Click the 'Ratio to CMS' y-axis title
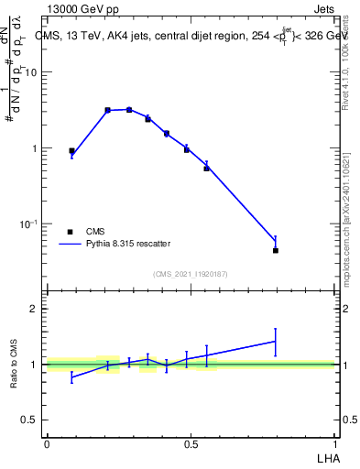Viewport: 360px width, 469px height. coord(15,364)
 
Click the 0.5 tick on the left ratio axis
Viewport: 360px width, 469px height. coord(31,420)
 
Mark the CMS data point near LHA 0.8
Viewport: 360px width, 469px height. coord(275,250)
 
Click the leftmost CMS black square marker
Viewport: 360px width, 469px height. coord(72,151)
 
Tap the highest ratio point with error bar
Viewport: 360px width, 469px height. coord(275,342)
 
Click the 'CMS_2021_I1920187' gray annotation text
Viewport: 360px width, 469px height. coord(191,274)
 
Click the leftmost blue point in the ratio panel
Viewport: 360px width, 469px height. coord(72,376)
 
